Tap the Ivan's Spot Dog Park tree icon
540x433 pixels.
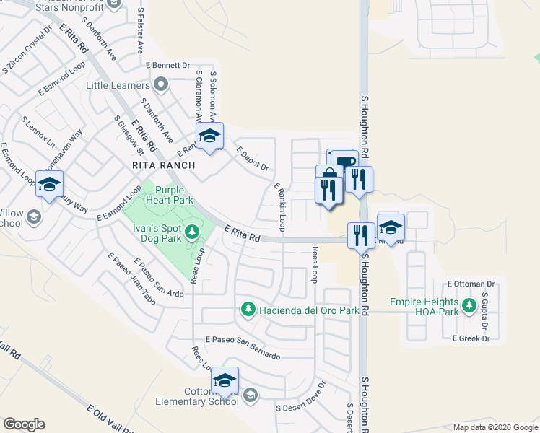tap(192, 232)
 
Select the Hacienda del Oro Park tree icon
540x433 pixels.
tap(248, 309)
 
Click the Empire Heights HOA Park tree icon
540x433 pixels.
tap(469, 307)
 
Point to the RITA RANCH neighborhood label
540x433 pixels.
tap(164, 165)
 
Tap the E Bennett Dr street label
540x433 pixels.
tap(167, 65)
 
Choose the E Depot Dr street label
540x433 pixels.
tap(253, 159)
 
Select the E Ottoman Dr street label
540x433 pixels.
tap(471, 284)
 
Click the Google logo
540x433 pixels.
tap(24, 424)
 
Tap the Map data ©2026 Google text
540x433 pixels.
tap(495, 427)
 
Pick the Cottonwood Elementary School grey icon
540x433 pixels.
tap(250, 395)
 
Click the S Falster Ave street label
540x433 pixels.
tap(140, 31)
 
